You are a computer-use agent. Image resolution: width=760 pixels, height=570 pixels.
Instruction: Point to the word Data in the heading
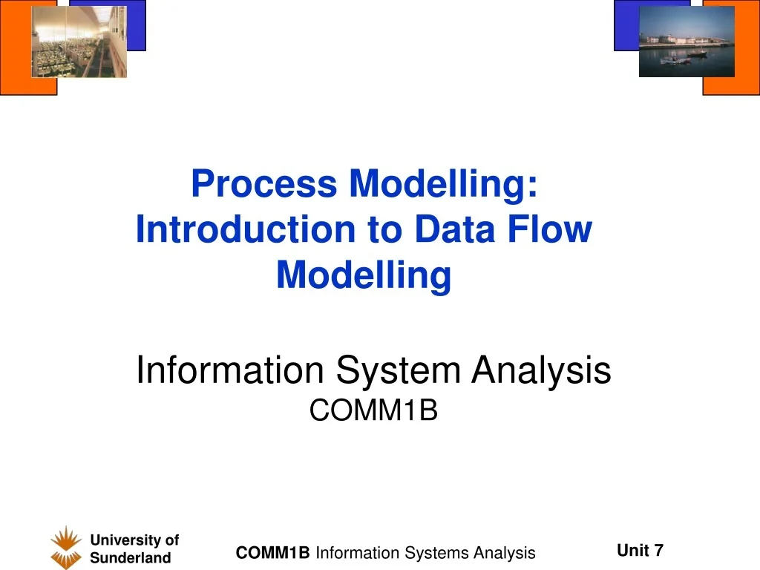453,229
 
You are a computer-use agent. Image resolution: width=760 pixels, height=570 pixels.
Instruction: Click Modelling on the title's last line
364,275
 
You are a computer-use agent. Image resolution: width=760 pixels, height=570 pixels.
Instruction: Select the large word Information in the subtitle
230,370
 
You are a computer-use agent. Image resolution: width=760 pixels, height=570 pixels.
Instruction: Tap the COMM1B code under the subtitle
373,410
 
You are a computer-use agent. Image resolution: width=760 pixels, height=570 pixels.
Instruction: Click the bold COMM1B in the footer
272,553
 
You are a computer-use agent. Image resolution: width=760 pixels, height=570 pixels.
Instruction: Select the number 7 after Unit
658,550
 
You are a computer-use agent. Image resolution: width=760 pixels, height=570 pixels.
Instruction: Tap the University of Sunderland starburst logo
66,548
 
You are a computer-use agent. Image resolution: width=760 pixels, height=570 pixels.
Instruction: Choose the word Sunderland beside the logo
130,559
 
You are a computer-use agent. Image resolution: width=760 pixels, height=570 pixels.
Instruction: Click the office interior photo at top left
79,42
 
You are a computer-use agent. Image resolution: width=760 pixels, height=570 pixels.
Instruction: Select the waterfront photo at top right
687,42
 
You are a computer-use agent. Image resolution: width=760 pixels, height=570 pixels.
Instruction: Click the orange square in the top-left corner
15,82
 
